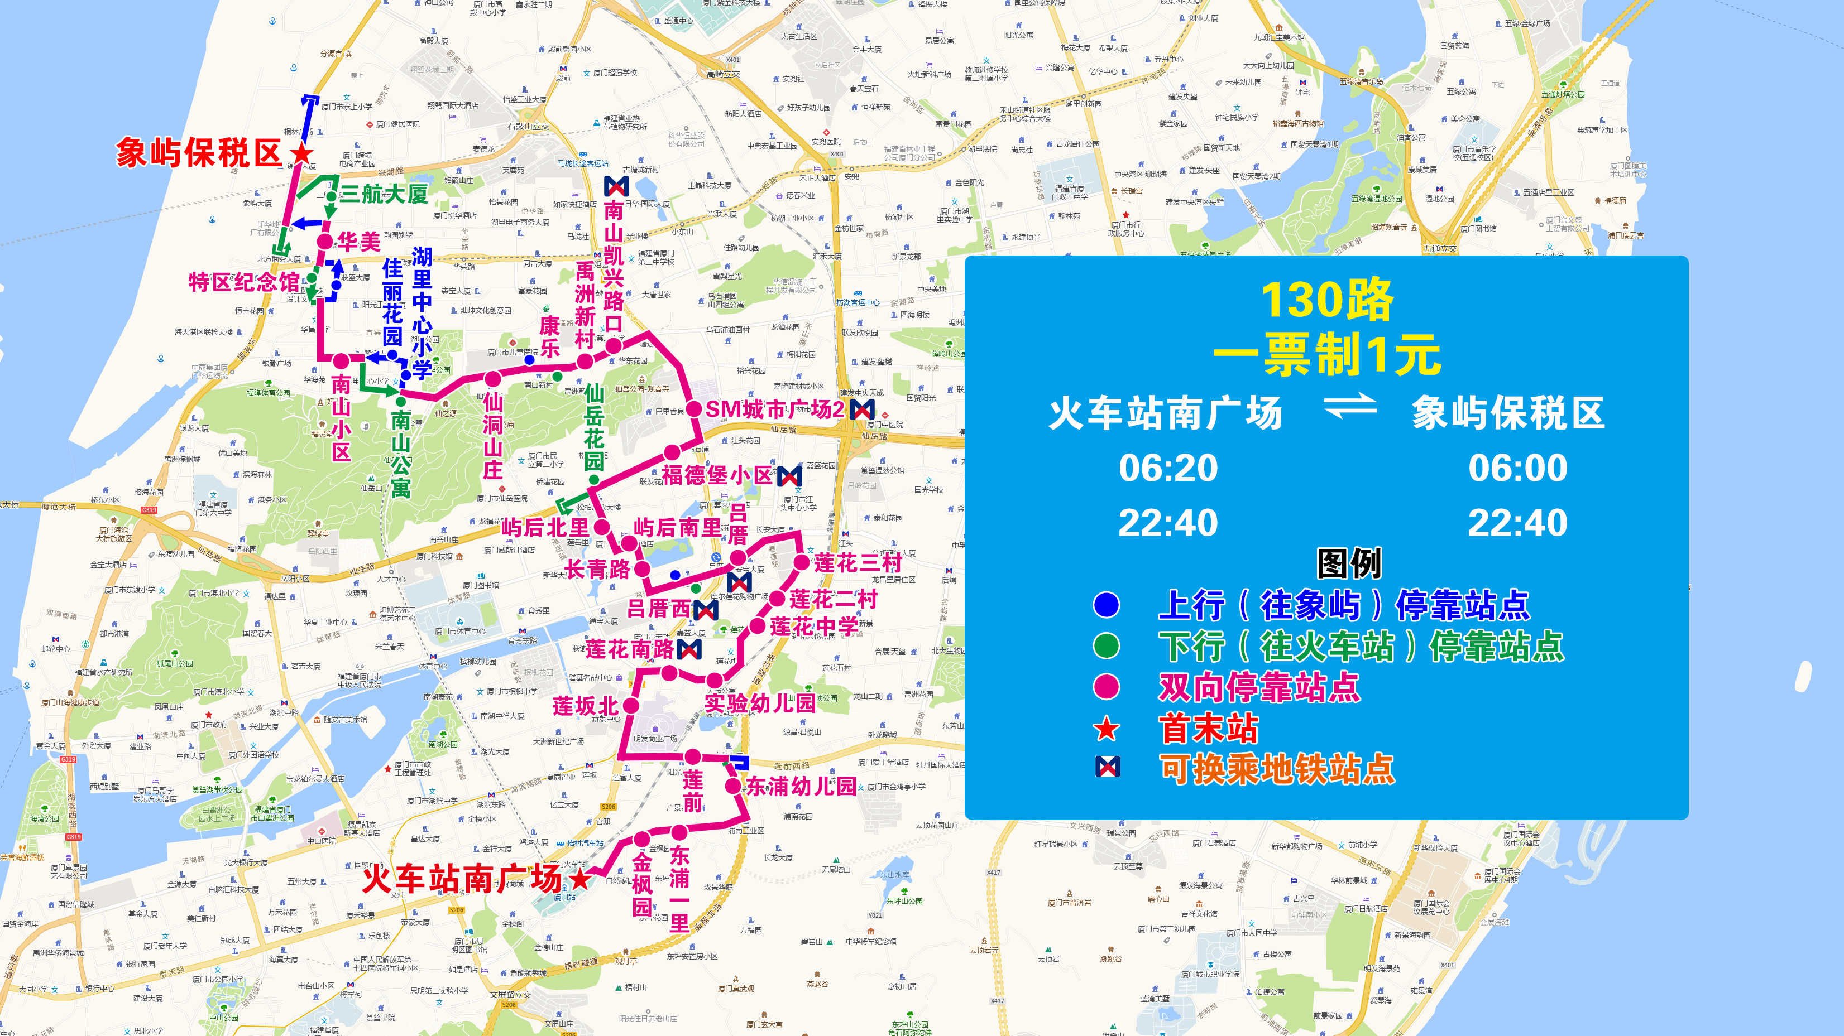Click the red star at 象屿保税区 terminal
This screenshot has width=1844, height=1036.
click(302, 153)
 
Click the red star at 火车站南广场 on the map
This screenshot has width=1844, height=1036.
click(580, 879)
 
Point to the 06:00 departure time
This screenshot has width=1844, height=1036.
click(1517, 468)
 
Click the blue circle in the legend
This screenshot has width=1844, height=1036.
click(1106, 605)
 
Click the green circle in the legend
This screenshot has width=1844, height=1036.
click(1106, 646)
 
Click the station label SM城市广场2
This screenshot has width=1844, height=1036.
click(774, 409)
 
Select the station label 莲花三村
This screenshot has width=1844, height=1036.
click(857, 563)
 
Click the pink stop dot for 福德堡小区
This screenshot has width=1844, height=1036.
click(672, 452)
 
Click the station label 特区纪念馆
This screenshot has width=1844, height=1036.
click(243, 282)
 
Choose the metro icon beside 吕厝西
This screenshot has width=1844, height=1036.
click(706, 610)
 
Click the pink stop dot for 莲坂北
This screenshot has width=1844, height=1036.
click(631, 706)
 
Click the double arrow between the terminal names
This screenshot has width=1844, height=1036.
click(1350, 407)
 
